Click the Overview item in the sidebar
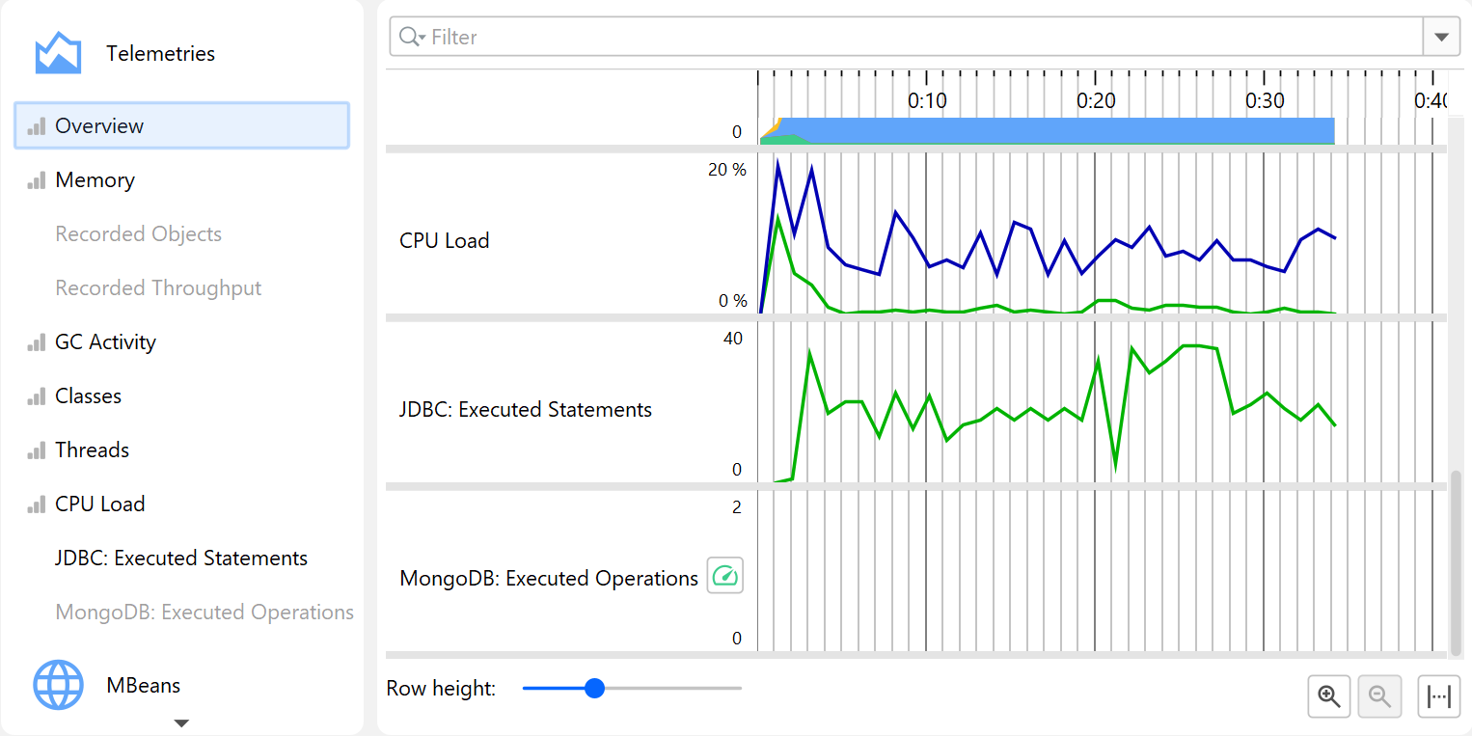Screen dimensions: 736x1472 99,126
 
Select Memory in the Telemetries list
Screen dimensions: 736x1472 95,180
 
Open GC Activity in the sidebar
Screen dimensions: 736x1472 105,342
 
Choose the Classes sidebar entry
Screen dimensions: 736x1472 88,396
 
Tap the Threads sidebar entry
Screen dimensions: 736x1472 92,450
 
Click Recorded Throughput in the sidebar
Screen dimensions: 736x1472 158,288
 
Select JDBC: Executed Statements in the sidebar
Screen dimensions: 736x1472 181,559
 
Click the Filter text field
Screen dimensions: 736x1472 907,38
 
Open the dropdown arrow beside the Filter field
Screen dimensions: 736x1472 1441,38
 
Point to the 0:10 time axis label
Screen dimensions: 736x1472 927,100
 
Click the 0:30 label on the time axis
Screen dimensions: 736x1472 1265,100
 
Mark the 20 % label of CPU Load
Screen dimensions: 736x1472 727,170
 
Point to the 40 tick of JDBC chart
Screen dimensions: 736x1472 732,339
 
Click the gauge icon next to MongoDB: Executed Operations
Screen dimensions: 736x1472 725,576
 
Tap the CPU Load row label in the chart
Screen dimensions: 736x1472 445,241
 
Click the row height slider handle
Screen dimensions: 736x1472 595,688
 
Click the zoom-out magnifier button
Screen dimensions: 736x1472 1379,696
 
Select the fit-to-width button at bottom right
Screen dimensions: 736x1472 1438,696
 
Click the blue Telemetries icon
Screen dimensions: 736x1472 58,53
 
